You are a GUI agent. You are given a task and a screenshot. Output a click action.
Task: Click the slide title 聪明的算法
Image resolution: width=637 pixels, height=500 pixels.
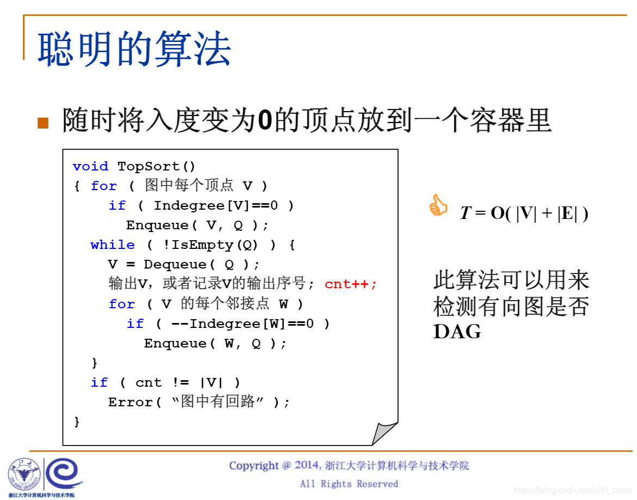[134, 49]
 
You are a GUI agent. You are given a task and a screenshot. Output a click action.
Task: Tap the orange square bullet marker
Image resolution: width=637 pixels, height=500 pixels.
[43, 123]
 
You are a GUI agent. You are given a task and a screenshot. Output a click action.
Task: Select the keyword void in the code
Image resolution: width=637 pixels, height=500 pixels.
[90, 166]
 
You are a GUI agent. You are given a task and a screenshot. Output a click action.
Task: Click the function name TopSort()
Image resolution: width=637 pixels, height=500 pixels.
[156, 166]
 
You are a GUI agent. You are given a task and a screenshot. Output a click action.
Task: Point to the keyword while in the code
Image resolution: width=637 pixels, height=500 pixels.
[113, 245]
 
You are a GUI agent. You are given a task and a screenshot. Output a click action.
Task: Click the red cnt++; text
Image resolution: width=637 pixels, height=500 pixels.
[351, 284]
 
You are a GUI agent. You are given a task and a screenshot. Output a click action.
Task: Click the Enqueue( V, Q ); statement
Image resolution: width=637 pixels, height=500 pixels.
[198, 225]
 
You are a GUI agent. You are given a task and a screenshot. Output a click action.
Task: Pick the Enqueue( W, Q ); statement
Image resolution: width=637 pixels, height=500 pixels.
[215, 343]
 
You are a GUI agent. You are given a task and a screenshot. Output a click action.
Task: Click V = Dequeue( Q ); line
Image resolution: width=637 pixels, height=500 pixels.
[184, 264]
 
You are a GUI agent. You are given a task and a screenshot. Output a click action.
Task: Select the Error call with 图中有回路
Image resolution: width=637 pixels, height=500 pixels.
[199, 402]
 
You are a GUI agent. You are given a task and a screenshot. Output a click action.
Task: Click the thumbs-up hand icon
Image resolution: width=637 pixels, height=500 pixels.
[438, 206]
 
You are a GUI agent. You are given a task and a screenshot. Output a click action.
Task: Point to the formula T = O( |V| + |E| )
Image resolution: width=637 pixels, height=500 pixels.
[524, 213]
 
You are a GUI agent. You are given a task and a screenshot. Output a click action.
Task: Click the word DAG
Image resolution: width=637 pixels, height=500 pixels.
[457, 331]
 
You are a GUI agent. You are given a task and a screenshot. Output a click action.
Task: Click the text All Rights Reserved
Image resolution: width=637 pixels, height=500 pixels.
[349, 484]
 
